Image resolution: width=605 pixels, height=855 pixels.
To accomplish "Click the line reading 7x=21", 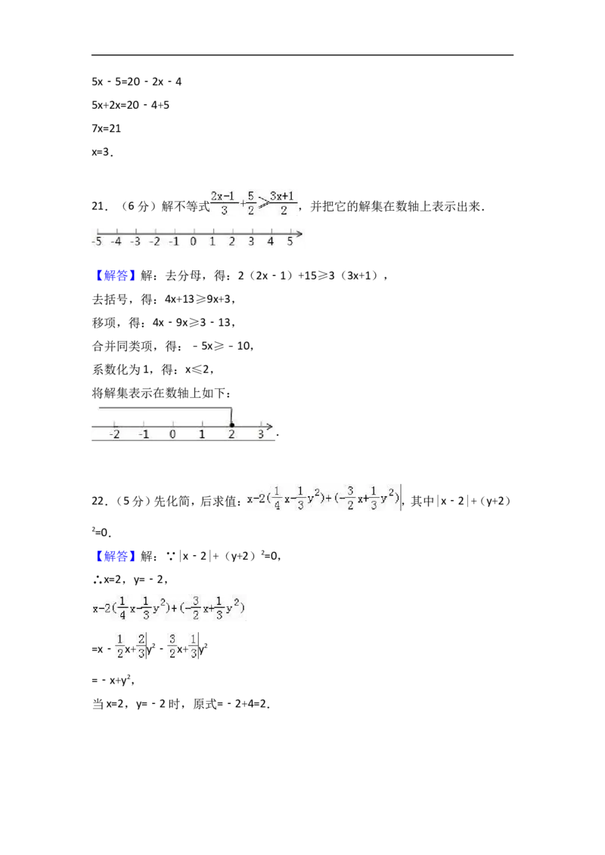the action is tap(107, 128).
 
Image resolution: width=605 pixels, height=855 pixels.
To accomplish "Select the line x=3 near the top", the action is tap(103, 152).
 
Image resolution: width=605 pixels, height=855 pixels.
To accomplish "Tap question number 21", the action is tap(99, 207).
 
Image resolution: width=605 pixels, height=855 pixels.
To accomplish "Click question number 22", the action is tap(99, 501).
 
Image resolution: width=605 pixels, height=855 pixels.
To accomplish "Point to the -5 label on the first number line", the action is tap(97, 241).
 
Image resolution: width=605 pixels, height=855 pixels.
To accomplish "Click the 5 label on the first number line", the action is tap(290, 241).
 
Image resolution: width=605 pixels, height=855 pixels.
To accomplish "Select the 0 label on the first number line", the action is tap(194, 241).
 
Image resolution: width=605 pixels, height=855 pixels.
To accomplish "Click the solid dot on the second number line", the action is tap(232, 424).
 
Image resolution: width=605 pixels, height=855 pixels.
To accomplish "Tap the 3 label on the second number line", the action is tap(261, 434).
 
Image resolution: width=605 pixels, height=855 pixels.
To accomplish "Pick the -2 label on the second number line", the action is tap(115, 434).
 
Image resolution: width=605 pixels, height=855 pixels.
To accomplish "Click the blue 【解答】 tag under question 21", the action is tap(114, 276).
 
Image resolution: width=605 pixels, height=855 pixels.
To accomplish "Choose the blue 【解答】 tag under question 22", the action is tap(114, 556).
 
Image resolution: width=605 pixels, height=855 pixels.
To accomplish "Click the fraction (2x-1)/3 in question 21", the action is tap(223, 203).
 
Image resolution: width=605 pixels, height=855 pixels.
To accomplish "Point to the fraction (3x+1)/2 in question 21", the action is tap(283, 203).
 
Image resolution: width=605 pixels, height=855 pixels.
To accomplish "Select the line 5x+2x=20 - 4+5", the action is tap(131, 105).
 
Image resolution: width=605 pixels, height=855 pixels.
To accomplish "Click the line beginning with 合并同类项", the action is tap(172, 346).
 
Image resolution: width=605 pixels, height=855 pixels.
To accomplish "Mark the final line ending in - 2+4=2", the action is tap(181, 704).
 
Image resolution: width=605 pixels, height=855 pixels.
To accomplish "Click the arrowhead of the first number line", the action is tap(299, 234).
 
